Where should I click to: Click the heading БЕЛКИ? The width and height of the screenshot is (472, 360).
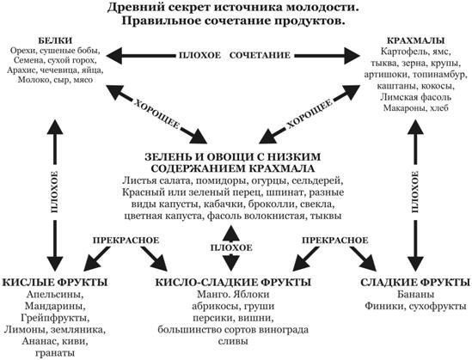click(55, 40)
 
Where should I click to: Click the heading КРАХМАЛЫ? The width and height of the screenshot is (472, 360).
click(415, 40)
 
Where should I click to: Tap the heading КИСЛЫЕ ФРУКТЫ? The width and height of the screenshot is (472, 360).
click(55, 283)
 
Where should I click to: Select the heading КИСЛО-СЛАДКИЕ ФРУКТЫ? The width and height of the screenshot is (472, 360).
click(233, 283)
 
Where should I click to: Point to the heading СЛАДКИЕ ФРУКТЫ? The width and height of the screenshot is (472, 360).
click(415, 283)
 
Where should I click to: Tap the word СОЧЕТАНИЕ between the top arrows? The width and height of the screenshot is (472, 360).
click(260, 55)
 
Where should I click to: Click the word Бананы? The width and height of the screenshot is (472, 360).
click(415, 294)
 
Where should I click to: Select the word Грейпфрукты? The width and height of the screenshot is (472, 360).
click(55, 318)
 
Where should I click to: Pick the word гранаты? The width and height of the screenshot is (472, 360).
click(55, 353)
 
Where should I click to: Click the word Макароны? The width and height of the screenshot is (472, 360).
click(403, 108)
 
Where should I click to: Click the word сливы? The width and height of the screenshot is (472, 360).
click(233, 341)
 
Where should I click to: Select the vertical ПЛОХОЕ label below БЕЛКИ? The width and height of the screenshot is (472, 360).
click(54, 192)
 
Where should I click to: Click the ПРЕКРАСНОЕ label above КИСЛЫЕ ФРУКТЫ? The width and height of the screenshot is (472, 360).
click(126, 241)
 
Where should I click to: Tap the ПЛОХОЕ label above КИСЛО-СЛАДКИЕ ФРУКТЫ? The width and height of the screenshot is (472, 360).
click(231, 248)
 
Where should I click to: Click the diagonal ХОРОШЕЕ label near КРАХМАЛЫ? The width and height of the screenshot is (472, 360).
click(310, 113)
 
